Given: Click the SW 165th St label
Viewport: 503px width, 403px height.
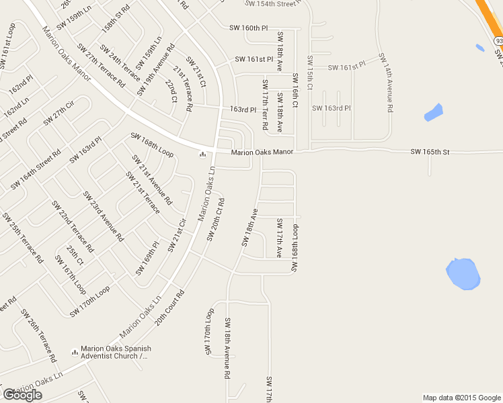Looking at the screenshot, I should tap(430, 152).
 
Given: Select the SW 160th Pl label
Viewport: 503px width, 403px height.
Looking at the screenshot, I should tap(248, 28).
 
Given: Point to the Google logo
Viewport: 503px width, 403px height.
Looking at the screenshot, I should tap(22, 395).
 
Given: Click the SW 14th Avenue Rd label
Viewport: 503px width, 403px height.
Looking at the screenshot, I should tap(386, 82).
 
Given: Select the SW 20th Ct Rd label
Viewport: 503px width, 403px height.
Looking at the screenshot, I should tap(215, 219).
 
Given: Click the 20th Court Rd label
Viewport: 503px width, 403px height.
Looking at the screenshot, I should tap(169, 308).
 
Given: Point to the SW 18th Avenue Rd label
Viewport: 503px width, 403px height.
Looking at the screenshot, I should tap(228, 349).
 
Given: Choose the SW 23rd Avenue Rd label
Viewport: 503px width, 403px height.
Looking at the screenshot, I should tap(103, 216).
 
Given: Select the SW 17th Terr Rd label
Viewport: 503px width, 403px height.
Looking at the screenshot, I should tap(265, 104).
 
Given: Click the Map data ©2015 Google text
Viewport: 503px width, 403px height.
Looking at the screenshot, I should tap(461, 398).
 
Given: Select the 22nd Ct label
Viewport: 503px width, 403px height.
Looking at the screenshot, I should tap(171, 91).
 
